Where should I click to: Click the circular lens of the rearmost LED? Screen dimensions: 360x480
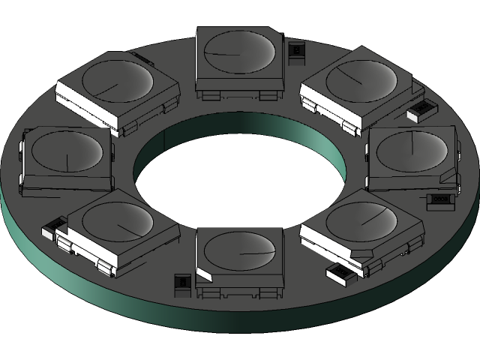tap(238, 53)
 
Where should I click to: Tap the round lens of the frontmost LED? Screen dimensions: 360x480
tap(240, 250)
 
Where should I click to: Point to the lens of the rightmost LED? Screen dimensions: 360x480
tap(412, 150)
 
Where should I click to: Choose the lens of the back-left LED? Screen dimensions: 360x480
tap(116, 80)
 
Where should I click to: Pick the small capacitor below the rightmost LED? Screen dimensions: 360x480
tap(439, 200)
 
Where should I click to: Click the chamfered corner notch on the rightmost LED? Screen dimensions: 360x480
tap(448, 178)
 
